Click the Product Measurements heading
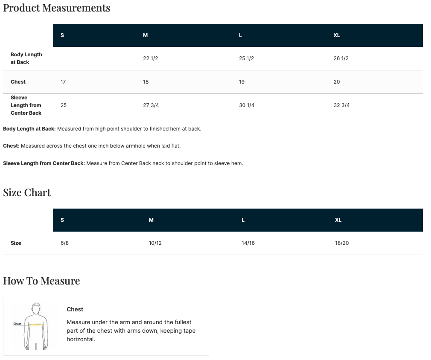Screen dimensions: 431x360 click(57, 8)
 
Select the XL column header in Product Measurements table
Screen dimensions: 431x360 click(337, 35)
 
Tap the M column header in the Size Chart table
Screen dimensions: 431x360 click(151, 220)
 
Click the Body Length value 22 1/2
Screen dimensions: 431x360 click(151, 58)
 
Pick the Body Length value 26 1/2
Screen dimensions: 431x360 click(341, 58)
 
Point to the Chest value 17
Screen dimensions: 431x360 click(63, 81)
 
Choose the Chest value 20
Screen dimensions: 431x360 click(337, 81)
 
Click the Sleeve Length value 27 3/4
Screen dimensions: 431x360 click(151, 105)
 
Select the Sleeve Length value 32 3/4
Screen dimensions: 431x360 click(342, 105)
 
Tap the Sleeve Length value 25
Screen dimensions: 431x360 click(64, 105)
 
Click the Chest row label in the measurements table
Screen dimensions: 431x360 click(18, 81)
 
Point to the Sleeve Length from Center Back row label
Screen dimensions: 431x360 click(26, 105)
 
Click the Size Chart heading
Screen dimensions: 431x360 click(27, 193)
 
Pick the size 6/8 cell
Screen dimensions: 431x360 click(64, 243)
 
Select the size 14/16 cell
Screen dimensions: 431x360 click(248, 243)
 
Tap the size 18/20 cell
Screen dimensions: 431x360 click(342, 243)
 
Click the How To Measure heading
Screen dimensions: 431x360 click(41, 281)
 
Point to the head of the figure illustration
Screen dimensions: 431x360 click(36, 309)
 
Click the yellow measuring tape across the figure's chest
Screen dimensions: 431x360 click(36, 325)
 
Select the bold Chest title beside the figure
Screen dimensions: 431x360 click(75, 309)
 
